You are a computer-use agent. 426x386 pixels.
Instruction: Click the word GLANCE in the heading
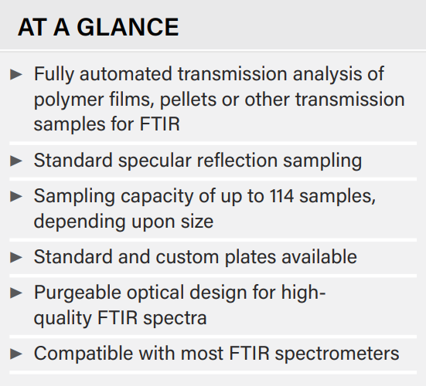[128, 27]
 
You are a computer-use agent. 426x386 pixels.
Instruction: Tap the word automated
[126, 74]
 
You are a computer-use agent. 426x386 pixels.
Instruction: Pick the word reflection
[237, 161]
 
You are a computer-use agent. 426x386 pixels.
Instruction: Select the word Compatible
[83, 354]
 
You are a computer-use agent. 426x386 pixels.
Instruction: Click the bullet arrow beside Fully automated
[16, 75]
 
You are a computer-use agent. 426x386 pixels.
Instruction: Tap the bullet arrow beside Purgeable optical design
[16, 293]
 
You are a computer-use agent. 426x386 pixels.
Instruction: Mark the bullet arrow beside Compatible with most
[16, 354]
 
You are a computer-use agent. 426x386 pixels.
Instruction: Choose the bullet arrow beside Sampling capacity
[16, 196]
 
